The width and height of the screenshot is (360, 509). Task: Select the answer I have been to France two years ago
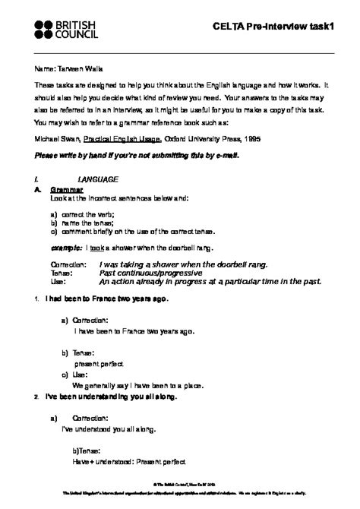[x=134, y=331]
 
